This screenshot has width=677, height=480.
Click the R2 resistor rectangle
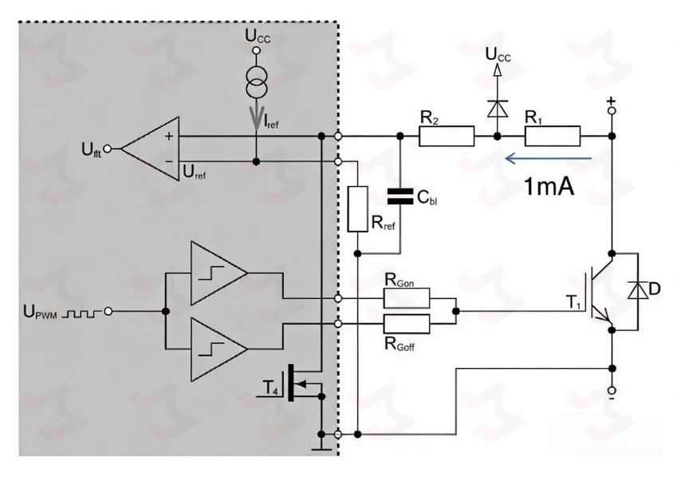click(447, 137)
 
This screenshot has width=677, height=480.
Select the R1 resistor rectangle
click(553, 137)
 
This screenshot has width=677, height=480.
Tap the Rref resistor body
click(358, 209)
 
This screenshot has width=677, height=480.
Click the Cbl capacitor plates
click(400, 196)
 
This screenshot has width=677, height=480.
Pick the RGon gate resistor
click(407, 299)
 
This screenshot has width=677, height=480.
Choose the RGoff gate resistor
click(407, 324)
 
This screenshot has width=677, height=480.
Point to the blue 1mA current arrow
click(549, 159)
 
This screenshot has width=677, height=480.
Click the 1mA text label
click(549, 187)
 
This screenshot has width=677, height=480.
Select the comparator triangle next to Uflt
click(150, 149)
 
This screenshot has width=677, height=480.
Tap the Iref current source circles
click(257, 83)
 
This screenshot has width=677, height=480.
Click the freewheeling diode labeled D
click(638, 290)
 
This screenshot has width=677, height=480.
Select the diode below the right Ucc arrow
click(498, 108)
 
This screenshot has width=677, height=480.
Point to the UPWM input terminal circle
click(108, 311)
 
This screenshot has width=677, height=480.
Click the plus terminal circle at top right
click(612, 111)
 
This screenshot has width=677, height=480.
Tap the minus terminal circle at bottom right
click(612, 390)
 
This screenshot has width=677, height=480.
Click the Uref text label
click(195, 172)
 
